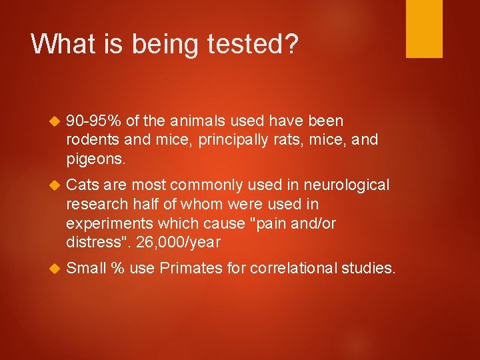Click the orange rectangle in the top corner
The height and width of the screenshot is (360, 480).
[x=424, y=28]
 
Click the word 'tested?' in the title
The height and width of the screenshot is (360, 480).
[x=257, y=44]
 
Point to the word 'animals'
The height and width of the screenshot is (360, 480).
[x=200, y=121]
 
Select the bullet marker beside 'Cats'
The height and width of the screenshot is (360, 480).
[x=55, y=185]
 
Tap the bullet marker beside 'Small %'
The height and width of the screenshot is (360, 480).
[x=55, y=269]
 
